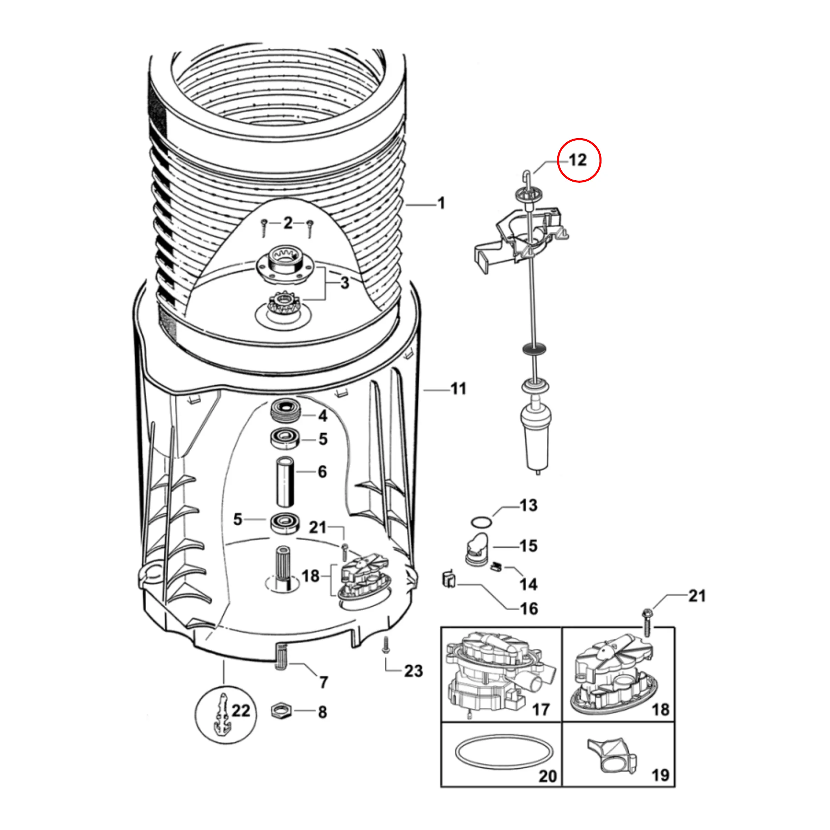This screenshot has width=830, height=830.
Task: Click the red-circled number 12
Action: pyautogui.click(x=578, y=160)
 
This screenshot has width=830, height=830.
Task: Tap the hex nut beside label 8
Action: pyautogui.click(x=281, y=711)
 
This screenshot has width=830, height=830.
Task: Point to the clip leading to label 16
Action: pyautogui.click(x=448, y=580)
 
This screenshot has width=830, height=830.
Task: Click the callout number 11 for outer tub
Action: pyautogui.click(x=458, y=389)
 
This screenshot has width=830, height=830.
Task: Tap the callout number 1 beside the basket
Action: pyautogui.click(x=441, y=203)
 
